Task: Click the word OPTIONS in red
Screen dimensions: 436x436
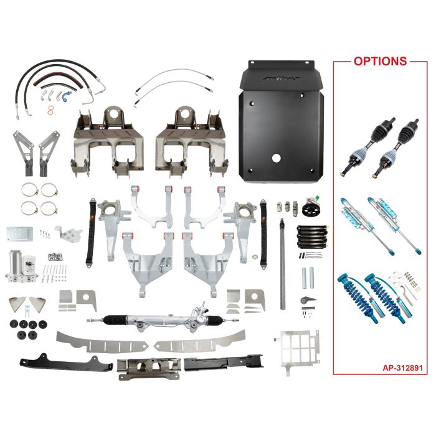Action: click(380, 61)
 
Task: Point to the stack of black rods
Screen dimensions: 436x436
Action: click(311, 237)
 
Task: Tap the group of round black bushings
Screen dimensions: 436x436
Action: click(25, 329)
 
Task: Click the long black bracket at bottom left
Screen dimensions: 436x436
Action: click(56, 362)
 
